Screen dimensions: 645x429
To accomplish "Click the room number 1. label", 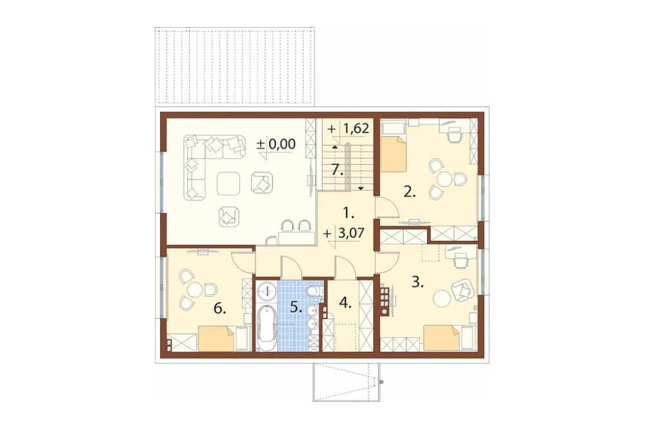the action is coord(348,213).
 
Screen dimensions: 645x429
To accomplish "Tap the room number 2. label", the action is coord(409,191).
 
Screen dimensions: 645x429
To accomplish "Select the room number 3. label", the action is coord(418,282).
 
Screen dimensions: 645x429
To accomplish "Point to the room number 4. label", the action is coord(345,303).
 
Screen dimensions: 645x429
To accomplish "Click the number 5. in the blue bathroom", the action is coord(297,307).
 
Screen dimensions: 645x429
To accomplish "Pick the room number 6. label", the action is coord(220,309).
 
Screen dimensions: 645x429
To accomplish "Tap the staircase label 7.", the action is coord(337,169).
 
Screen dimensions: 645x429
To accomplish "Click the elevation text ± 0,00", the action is coord(276,144).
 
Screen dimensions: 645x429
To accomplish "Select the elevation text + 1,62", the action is coord(348,128).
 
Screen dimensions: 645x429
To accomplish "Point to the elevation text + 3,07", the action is coord(344,234).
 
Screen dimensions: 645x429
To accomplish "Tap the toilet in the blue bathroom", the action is coord(314,291).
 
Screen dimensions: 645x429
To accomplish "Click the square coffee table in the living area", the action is coord(228,184).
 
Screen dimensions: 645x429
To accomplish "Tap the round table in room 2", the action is coord(444,180).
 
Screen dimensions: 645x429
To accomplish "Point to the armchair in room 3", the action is coord(462,289).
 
